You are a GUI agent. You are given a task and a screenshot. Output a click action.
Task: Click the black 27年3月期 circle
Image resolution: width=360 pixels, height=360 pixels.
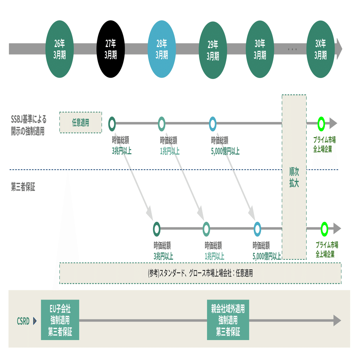pyautogui.click(x=110, y=49)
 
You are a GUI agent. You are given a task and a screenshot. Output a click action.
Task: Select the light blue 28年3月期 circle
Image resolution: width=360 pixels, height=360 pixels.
pyautogui.click(x=161, y=49)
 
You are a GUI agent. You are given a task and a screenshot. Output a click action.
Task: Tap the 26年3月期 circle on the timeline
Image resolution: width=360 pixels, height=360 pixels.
pyautogui.click(x=59, y=49)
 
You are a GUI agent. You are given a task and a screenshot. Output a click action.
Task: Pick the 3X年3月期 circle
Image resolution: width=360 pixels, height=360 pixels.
pyautogui.click(x=320, y=49)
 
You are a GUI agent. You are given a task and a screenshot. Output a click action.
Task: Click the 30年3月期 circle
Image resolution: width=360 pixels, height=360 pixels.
pyautogui.click(x=260, y=49)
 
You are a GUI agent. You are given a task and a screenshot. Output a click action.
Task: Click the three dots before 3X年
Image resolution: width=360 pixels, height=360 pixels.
pyautogui.click(x=292, y=49)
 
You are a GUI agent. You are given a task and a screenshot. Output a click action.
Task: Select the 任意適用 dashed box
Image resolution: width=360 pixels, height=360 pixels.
pyautogui.click(x=81, y=123)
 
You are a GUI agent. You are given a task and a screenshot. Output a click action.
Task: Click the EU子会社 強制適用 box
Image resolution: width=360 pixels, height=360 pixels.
pyautogui.click(x=60, y=320)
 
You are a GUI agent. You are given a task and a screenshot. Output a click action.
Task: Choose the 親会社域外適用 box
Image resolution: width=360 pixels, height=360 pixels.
pyautogui.click(x=228, y=320)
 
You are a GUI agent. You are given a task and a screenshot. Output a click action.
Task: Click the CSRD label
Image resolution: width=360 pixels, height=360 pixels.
pyautogui.click(x=23, y=322)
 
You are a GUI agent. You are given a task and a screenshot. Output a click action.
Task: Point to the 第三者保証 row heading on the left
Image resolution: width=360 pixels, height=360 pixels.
pyautogui.click(x=23, y=188)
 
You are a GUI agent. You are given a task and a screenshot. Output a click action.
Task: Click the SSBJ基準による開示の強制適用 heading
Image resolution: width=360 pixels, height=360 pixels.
pyautogui.click(x=28, y=125)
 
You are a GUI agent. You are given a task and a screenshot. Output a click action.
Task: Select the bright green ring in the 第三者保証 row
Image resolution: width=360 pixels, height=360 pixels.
pyautogui.click(x=324, y=228)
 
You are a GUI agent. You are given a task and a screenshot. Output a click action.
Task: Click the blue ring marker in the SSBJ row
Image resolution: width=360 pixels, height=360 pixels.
pyautogui.click(x=213, y=123)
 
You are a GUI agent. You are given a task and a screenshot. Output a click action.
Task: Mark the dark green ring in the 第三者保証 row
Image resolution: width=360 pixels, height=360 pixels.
pyautogui.click(x=157, y=228)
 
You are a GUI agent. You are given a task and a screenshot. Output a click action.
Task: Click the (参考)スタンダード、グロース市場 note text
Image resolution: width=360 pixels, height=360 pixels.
pyautogui.click(x=200, y=273)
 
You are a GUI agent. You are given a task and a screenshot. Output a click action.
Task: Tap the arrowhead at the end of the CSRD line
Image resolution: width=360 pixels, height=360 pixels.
pyautogui.click(x=337, y=320)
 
